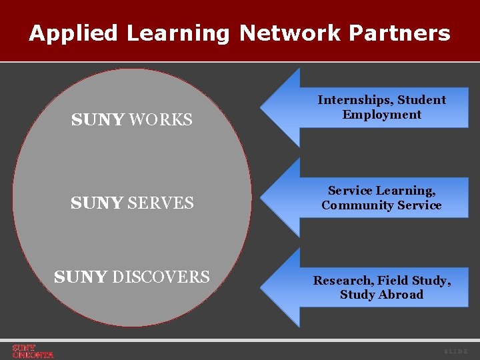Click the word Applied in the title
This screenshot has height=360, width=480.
(73, 33)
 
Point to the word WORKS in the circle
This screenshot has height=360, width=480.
(161, 120)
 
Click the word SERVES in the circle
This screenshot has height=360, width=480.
(161, 203)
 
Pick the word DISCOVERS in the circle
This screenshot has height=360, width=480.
(161, 277)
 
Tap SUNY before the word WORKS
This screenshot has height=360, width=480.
(97, 120)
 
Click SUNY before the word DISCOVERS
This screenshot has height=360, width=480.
(81, 277)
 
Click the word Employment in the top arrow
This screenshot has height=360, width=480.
(382, 115)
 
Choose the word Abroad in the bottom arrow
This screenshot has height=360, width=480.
(401, 295)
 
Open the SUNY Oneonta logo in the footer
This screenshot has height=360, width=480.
(33, 351)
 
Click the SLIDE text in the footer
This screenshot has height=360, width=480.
(456, 351)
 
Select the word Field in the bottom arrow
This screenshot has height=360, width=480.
(394, 281)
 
